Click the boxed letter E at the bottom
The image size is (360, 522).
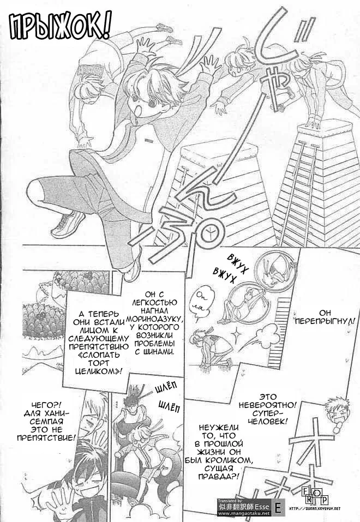(x=278, y=508)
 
